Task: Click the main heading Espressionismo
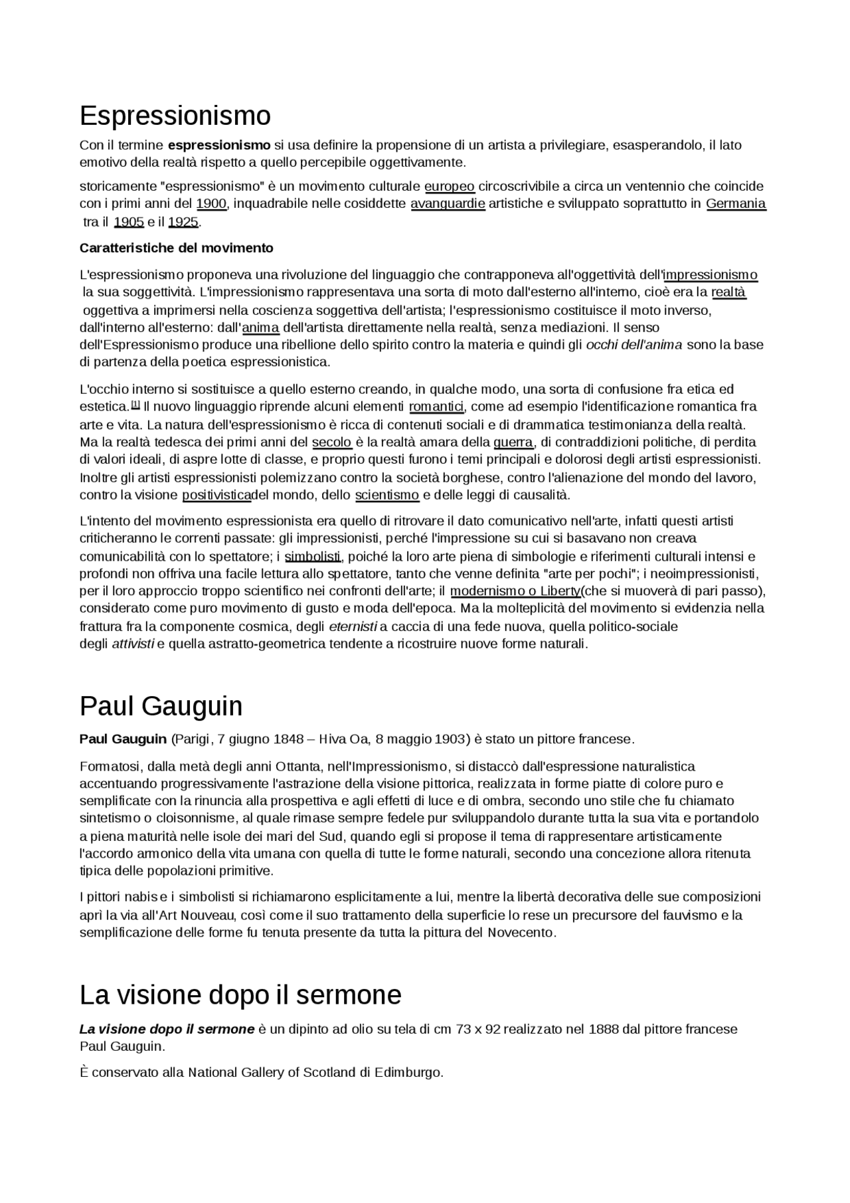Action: [x=175, y=116]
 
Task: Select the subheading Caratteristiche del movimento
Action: [x=176, y=248]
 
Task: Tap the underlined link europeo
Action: [x=449, y=187]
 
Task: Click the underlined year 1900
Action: [x=211, y=204]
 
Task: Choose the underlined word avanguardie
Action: [x=448, y=204]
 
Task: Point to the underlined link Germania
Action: [x=736, y=204]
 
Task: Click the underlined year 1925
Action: [x=183, y=222]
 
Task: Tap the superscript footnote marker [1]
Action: [x=135, y=404]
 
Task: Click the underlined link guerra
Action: [x=513, y=442]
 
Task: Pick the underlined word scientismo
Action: [x=387, y=495]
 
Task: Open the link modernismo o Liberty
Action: [x=515, y=591]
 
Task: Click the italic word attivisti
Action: [x=133, y=644]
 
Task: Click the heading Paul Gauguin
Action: [x=161, y=706]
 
